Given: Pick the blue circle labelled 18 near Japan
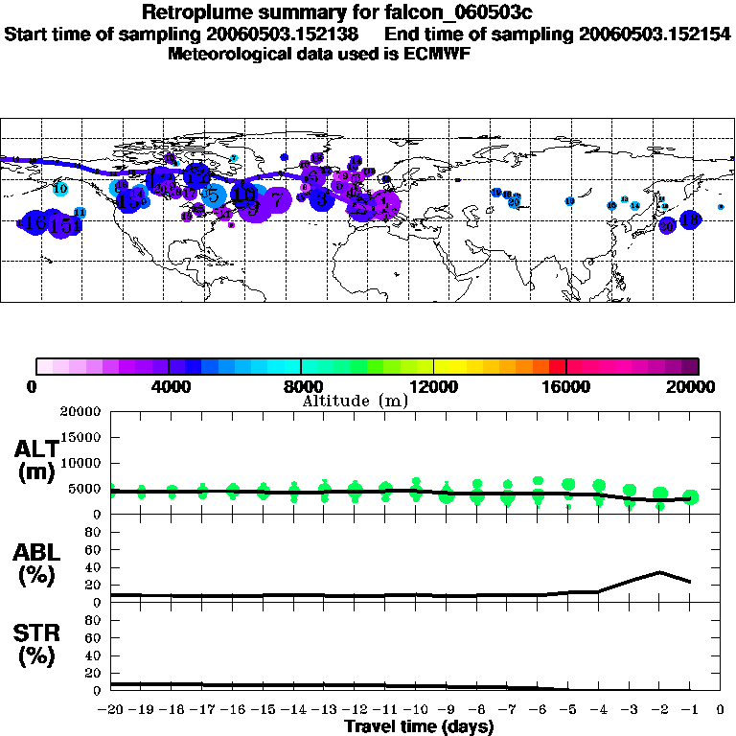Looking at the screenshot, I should [x=690, y=219].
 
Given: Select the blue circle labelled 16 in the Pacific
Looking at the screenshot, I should [x=36, y=223].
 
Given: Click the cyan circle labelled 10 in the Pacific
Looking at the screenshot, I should [x=59, y=189].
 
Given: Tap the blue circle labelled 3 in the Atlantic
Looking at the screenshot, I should [x=323, y=199].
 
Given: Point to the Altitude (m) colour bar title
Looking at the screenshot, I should [x=355, y=401].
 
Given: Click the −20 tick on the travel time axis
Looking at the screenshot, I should [x=113, y=710].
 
